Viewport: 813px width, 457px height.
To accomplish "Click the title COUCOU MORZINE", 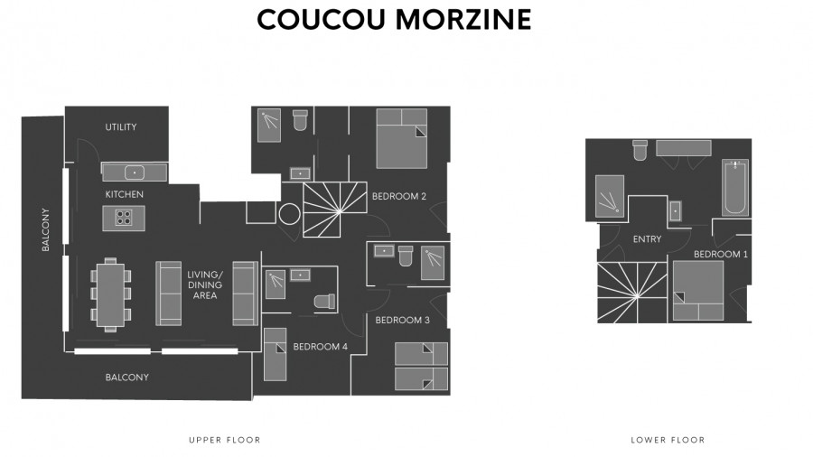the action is (394, 19).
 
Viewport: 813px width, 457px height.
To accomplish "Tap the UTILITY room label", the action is (121, 127).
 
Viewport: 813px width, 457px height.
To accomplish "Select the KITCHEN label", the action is (125, 194).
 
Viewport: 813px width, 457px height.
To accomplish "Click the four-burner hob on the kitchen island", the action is (124, 218).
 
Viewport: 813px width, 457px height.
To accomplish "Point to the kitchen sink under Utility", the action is (135, 173).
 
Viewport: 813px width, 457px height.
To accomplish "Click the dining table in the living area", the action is (110, 294).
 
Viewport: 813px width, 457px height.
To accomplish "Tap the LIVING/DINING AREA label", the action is (205, 285).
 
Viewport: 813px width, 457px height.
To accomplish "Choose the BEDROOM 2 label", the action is (398, 196).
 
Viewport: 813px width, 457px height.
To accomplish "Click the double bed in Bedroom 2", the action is (402, 138).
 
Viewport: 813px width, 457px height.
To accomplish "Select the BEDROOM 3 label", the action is (402, 321).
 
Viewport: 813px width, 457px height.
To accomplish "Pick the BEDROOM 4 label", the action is (320, 347).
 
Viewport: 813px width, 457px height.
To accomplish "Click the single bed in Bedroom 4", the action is (275, 354).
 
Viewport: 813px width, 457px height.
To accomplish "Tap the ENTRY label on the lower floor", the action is (647, 239).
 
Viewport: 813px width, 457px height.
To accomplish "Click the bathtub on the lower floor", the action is (735, 188).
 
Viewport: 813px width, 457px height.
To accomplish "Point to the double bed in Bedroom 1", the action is (698, 291).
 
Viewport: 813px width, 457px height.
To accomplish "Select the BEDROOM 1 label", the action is (721, 255).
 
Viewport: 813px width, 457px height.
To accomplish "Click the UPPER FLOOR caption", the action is (225, 440).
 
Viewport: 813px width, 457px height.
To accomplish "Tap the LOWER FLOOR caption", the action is (668, 440).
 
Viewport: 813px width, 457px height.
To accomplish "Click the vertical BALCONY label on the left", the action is (46, 230).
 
